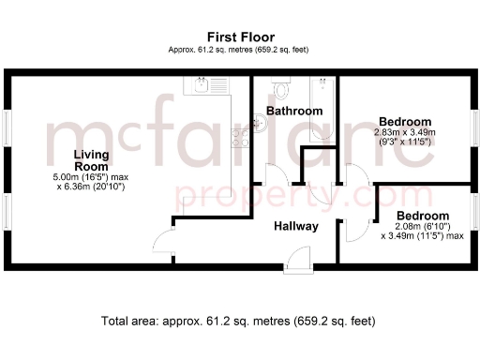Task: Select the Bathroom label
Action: coord(294,111)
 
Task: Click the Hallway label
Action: coord(296,226)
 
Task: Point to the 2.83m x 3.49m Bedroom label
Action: coord(405,122)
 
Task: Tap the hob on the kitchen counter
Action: coord(240,137)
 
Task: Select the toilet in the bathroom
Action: coord(281,89)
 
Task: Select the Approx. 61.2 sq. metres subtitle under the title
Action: coord(239,49)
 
